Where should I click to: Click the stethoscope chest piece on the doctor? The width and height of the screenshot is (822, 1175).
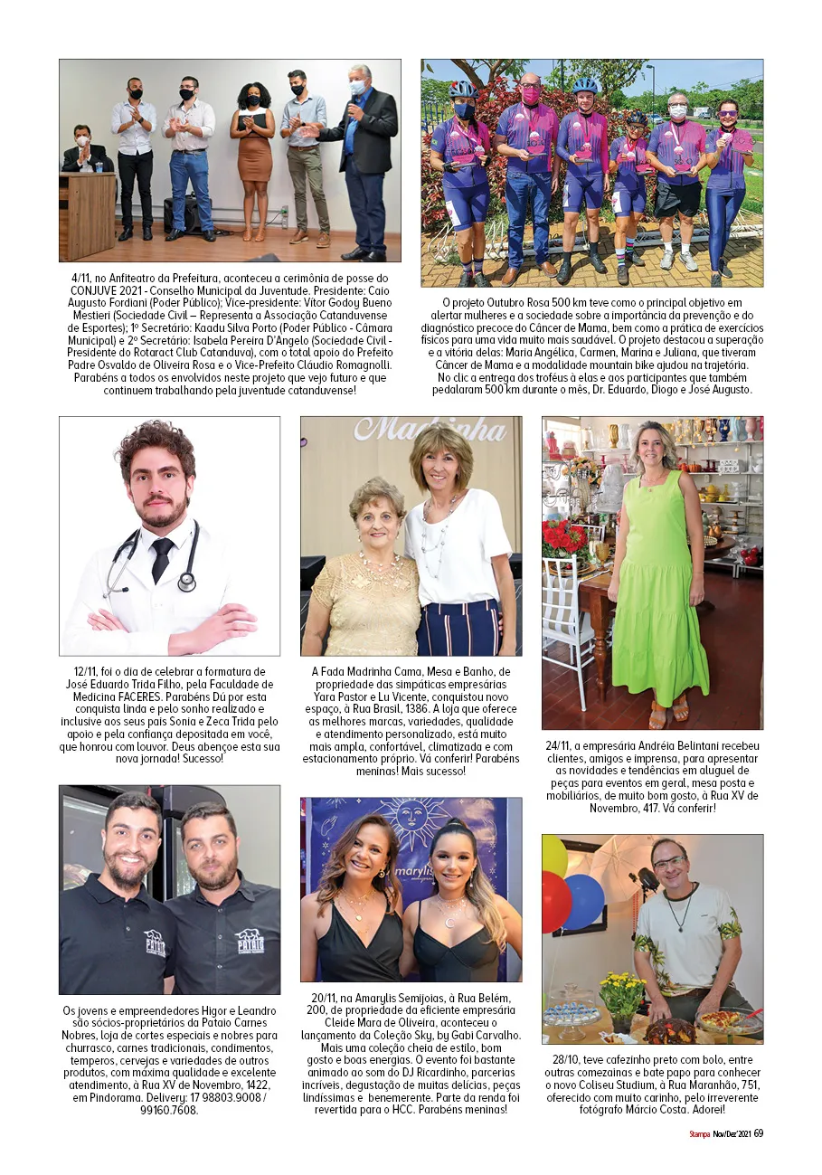point(187,581)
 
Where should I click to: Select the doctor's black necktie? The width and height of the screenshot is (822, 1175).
point(162,558)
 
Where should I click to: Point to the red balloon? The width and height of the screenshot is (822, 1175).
point(555,901)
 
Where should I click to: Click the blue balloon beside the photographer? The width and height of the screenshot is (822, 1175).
point(583,901)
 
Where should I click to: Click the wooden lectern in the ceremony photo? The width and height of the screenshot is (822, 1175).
point(87,215)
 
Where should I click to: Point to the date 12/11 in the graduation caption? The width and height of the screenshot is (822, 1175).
point(89,671)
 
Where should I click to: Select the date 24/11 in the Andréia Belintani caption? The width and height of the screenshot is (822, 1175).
point(562,745)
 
